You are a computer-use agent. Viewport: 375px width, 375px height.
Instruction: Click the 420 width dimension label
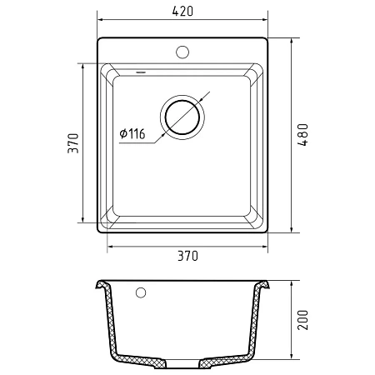click(x=182, y=11)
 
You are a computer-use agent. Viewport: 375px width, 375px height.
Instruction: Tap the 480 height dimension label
click(x=302, y=135)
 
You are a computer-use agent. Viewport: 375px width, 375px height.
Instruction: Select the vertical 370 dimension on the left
click(x=73, y=143)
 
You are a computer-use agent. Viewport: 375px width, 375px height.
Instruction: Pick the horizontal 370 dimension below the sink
click(x=187, y=256)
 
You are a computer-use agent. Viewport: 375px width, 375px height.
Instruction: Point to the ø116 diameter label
click(x=132, y=134)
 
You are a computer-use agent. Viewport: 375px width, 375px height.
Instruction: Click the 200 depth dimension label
click(x=302, y=320)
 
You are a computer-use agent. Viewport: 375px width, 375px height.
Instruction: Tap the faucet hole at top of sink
click(x=182, y=52)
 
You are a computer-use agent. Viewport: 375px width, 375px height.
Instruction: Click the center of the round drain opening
click(x=182, y=117)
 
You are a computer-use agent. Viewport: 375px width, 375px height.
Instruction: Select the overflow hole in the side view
click(x=141, y=292)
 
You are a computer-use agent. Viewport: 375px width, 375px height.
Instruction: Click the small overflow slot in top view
click(x=141, y=72)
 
